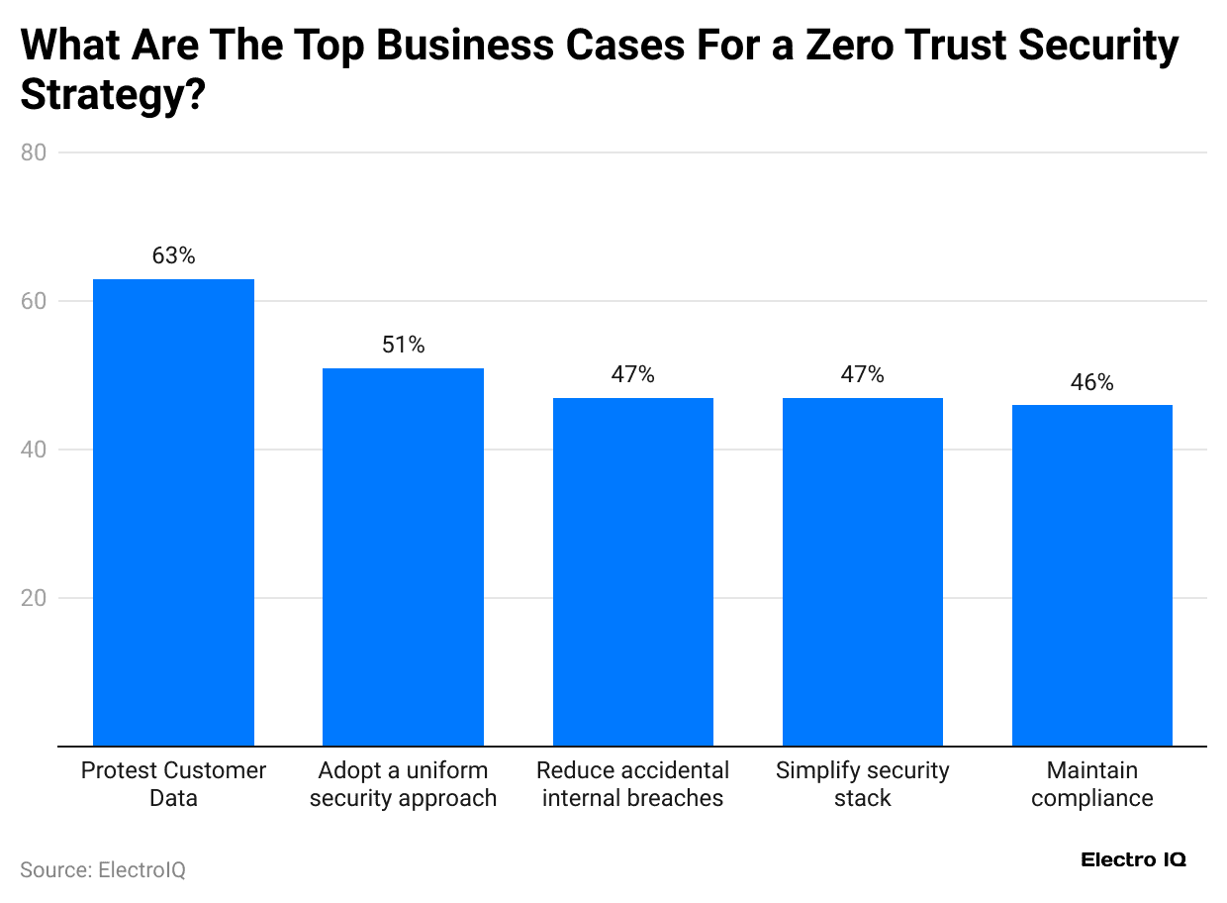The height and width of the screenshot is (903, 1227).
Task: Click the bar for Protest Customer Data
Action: click(173, 512)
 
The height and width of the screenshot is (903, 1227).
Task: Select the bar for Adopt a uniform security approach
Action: click(403, 556)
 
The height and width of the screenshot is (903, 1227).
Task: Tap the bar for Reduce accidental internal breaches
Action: click(632, 571)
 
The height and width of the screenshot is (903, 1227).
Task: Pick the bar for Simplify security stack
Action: click(862, 571)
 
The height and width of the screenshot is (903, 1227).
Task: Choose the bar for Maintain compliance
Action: click(1091, 575)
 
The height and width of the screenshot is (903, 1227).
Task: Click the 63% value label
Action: click(173, 255)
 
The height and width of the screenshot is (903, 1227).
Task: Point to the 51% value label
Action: click(403, 345)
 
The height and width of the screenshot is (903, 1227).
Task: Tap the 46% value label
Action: click(1091, 382)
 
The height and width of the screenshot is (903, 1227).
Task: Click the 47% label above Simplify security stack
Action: click(862, 374)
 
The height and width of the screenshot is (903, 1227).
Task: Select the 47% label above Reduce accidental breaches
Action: click(632, 374)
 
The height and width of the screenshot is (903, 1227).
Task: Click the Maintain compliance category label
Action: click(1091, 784)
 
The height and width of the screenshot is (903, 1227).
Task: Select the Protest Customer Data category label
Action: click(173, 784)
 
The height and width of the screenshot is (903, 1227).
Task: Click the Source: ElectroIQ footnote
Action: click(103, 869)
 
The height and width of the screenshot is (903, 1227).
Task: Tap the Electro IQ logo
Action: click(1133, 859)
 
